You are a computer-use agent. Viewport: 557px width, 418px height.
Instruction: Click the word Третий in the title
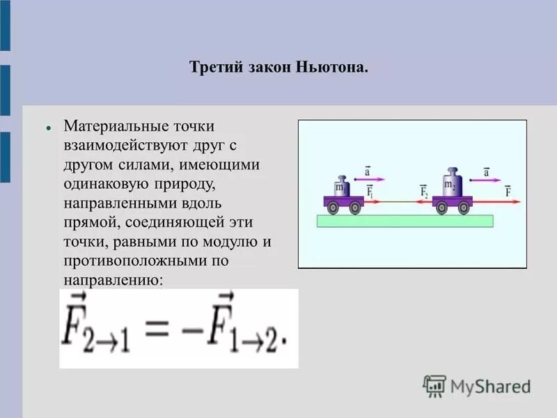tap(212, 68)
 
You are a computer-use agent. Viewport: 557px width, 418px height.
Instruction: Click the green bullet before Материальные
tap(49, 130)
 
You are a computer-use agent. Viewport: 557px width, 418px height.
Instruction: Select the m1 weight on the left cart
tap(341, 187)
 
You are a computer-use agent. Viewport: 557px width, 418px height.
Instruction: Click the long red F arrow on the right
tap(498, 201)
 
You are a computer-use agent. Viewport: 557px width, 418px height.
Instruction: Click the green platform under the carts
tap(405, 221)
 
